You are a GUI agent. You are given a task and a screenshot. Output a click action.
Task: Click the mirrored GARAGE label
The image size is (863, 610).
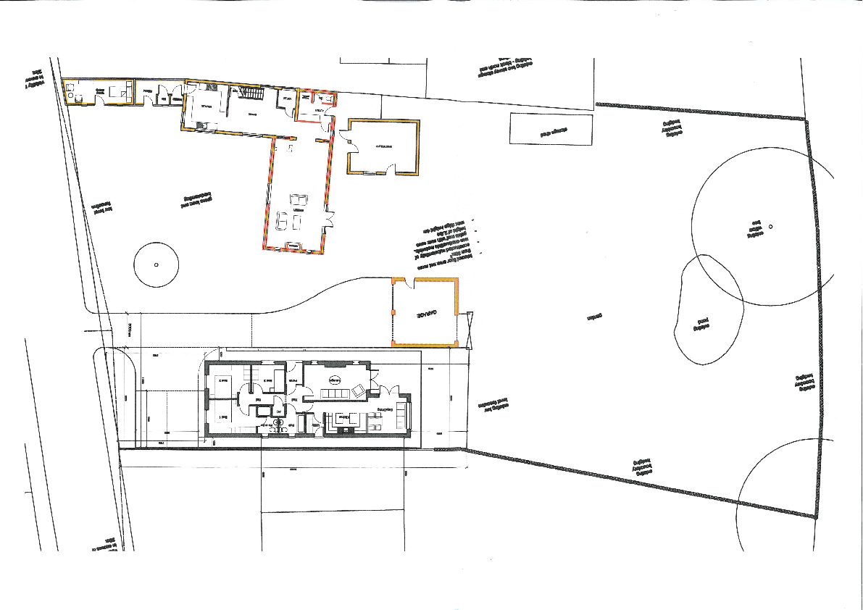coord(419,316)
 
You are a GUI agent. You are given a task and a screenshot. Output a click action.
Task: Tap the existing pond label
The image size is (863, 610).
coord(701,323)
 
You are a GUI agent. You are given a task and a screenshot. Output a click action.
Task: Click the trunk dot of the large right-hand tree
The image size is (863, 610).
coord(770,227)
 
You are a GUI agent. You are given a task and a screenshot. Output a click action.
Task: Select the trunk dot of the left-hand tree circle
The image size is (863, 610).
coord(156,264)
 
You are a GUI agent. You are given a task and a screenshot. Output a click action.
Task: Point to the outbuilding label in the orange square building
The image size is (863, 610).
coord(383,147)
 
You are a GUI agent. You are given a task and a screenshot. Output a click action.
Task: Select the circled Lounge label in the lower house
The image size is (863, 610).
coord(334,380)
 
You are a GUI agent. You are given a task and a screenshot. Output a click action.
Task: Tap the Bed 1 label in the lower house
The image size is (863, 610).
coord(225,418)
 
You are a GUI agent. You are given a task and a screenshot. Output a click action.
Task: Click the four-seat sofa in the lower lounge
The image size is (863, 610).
coord(335,393)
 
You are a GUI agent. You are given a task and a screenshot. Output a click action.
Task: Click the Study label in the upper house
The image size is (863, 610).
coord(287,99)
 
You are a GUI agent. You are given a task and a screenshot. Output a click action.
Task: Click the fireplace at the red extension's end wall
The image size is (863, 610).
coord(294,246)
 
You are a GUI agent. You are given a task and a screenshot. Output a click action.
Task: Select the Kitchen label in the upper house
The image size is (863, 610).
coord(207,106)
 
